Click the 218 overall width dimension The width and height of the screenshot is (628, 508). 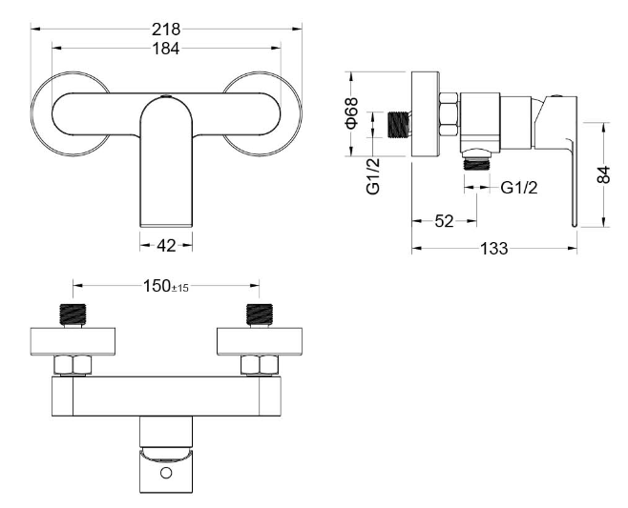[166, 30]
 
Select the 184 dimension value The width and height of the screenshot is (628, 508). [166, 49]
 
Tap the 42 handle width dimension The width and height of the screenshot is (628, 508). [166, 246]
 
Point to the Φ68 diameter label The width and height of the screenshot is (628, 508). [351, 113]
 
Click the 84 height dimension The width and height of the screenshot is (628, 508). [603, 174]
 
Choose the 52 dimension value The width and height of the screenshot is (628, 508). [444, 221]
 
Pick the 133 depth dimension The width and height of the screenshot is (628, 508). [494, 249]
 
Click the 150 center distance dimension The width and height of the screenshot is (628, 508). [157, 286]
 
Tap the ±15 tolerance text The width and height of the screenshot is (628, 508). [180, 288]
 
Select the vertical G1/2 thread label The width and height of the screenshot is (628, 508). [373, 176]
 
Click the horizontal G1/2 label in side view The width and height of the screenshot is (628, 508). [519, 187]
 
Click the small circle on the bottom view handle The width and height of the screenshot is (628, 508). [166, 473]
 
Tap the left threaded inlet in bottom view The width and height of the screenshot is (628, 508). [73, 315]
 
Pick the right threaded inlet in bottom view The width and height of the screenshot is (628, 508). [260, 315]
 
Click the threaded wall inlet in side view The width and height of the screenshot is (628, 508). [399, 125]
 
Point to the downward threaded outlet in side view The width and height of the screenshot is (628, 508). [476, 163]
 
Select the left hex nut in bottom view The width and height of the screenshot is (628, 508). [73, 365]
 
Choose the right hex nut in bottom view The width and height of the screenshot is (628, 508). [260, 365]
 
